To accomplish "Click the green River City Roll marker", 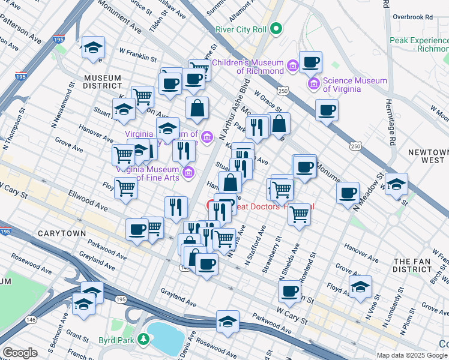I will click(x=276, y=28).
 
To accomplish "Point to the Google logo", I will click(x=19, y=353).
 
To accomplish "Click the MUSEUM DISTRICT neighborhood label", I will click(x=102, y=82).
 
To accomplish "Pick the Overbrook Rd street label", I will click(x=412, y=17).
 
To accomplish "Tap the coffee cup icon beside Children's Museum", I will click(x=310, y=62).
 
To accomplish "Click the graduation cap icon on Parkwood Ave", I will click(x=228, y=322).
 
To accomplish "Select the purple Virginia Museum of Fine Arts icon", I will click(x=188, y=173).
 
